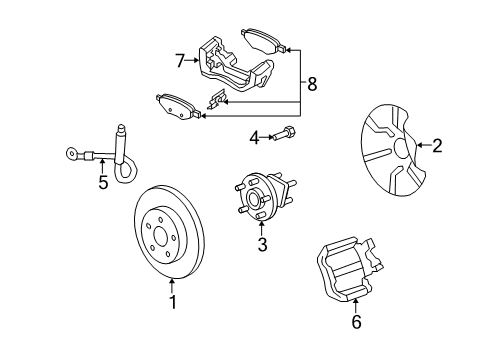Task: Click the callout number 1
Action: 172,300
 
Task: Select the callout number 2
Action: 436,146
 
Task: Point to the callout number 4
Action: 254,136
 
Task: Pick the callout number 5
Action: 101,184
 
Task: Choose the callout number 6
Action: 357,322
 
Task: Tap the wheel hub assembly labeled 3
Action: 262,198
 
